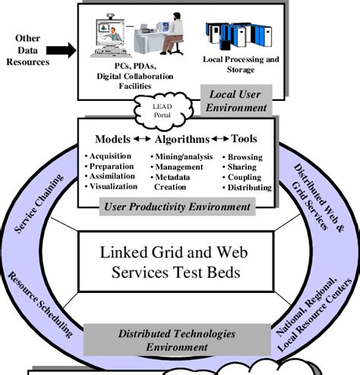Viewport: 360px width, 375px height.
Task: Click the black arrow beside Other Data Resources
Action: [x=61, y=51]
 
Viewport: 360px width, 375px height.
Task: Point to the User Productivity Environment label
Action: [x=178, y=206]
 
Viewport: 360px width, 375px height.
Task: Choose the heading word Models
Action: [x=112, y=140]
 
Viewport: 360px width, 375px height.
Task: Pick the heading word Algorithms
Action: [x=182, y=140]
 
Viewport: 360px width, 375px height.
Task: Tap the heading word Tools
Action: [x=245, y=140]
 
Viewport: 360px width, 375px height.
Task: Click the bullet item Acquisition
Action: [x=112, y=156]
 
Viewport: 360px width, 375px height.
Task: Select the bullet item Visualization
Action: [x=113, y=186]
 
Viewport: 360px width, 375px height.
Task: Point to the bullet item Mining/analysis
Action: [x=183, y=156]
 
